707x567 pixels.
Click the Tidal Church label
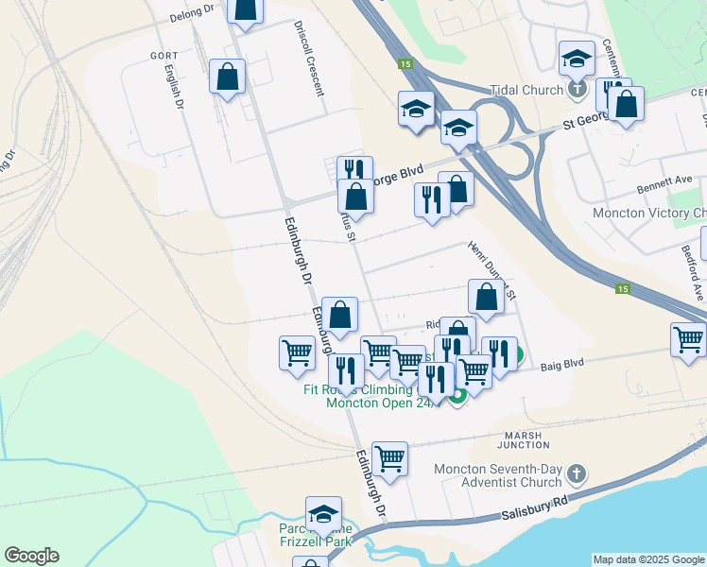(527, 90)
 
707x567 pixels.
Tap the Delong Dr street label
(192, 16)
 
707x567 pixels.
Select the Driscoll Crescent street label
(309, 59)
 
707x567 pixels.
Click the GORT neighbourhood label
(164, 56)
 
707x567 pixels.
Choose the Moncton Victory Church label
(649, 213)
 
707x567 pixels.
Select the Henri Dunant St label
(491, 268)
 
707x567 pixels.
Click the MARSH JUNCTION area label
(523, 439)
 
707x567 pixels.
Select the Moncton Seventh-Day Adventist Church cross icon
(578, 472)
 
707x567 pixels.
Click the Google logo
(31, 556)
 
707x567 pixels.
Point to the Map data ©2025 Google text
(649, 559)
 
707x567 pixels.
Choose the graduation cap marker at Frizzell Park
(323, 513)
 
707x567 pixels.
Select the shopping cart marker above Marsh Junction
(389, 458)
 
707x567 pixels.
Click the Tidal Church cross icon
(578, 90)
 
